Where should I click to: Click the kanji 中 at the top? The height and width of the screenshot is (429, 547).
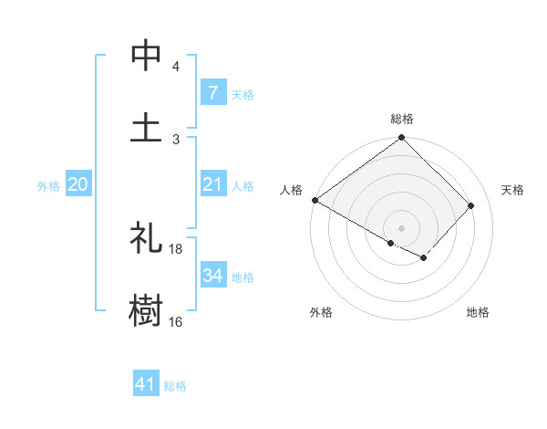(x=146, y=56)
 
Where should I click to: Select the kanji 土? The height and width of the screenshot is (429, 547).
(x=146, y=127)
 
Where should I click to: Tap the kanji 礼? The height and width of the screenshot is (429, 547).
(x=146, y=239)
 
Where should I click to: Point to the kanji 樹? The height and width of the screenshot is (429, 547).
(x=146, y=310)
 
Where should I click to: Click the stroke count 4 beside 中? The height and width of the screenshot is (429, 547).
(x=175, y=67)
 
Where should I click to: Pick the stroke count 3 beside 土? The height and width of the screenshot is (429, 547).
(x=175, y=139)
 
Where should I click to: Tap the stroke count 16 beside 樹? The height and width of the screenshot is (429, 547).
(x=176, y=321)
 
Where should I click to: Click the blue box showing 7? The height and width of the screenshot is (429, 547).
(x=212, y=93)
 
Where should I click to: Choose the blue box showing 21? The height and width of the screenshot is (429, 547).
(x=212, y=185)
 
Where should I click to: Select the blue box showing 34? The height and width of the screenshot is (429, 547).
(x=212, y=276)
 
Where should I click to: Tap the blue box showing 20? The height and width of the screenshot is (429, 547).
(x=77, y=185)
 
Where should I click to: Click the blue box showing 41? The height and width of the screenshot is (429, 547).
(x=146, y=384)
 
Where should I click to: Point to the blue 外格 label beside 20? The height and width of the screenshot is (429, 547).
(x=48, y=186)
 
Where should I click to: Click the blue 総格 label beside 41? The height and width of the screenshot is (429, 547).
(x=175, y=386)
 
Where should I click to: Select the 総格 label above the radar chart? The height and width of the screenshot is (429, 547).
(x=401, y=119)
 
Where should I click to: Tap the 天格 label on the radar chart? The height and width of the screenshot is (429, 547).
(x=512, y=190)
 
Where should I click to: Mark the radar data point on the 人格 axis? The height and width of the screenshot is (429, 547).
(x=315, y=200)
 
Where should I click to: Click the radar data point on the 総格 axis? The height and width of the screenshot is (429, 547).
(x=401, y=139)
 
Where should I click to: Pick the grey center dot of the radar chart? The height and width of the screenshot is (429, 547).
(x=401, y=226)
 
